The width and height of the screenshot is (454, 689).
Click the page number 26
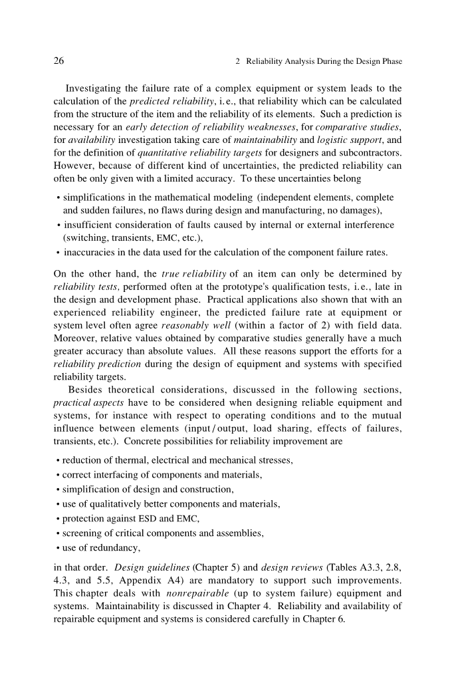click(x=58, y=61)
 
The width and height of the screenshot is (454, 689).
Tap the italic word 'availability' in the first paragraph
click(x=90, y=139)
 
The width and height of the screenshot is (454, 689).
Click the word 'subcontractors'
click(x=369, y=152)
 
